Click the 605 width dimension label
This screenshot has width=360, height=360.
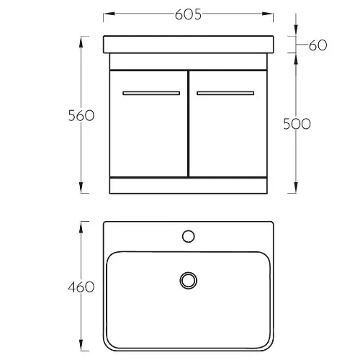click(188, 14)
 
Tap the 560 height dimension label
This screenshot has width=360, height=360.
click(81, 115)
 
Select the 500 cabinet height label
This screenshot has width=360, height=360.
click(297, 124)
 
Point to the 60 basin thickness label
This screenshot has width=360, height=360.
click(318, 45)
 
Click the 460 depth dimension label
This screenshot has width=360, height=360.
click(81, 287)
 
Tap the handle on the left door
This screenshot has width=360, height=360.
click(151, 93)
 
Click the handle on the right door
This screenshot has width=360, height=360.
click(225, 93)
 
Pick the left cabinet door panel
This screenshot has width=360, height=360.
click(148, 124)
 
